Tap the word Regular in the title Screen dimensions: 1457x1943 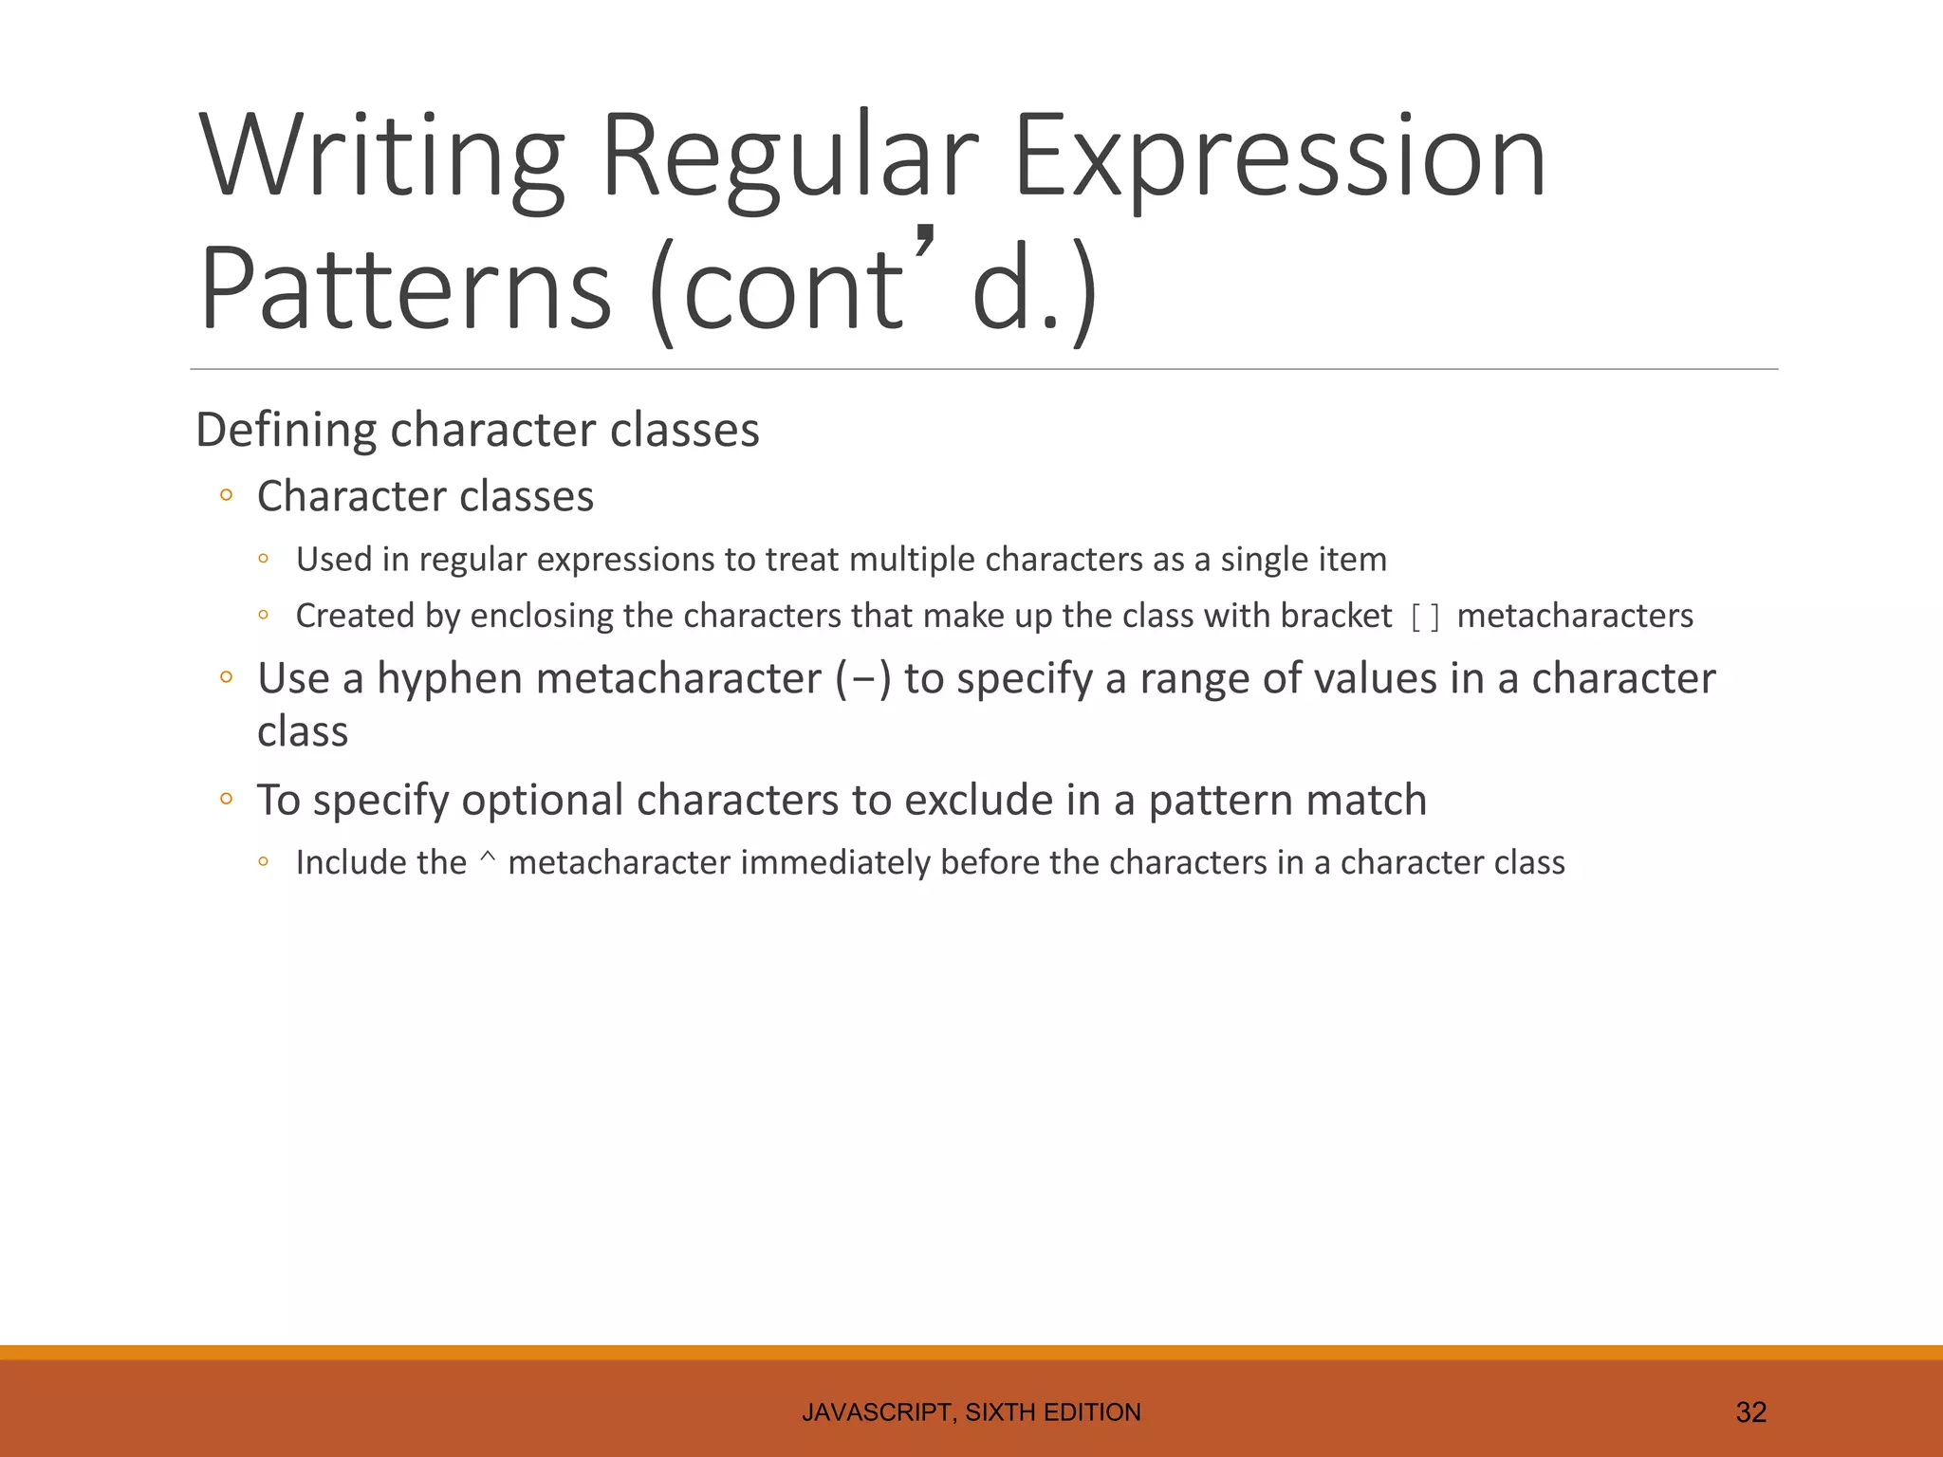[789, 157]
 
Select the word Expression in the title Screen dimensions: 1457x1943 [1280, 157]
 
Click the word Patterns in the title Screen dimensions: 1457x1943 [405, 287]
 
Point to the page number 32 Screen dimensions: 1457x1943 [1750, 1412]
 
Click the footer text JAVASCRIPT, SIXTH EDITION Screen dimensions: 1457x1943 [971, 1412]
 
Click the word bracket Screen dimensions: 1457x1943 [1336, 617]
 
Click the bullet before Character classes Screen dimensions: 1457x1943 [226, 495]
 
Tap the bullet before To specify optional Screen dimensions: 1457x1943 [226, 799]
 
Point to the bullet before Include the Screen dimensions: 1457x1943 [264, 862]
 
